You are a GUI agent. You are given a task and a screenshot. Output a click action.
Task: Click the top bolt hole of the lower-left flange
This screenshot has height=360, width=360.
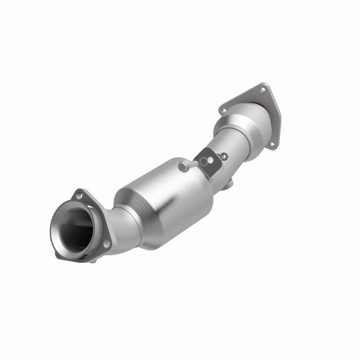click(x=79, y=195)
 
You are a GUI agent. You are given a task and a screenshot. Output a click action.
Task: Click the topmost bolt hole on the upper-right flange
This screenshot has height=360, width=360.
click(x=262, y=90)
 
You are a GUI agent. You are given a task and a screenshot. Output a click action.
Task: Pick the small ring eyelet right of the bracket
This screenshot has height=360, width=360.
click(x=224, y=156)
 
